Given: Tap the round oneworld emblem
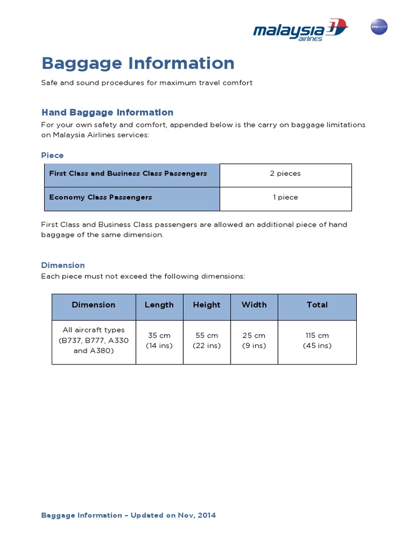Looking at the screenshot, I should (379, 28).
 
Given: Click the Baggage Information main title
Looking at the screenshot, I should (138, 63).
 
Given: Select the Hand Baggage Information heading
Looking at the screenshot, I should (107, 112).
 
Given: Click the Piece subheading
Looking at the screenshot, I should (52, 155).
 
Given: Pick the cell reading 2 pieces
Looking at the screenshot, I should (285, 174).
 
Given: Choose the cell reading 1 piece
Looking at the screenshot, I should (285, 197).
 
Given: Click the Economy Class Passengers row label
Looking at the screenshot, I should (101, 197).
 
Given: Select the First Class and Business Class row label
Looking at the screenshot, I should (128, 174).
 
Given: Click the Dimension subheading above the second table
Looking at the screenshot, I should (63, 265).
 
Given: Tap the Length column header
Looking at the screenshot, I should (159, 305).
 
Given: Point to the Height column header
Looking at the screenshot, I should (207, 305).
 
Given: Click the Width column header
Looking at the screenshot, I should (254, 305).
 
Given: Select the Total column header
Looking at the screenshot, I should (317, 305).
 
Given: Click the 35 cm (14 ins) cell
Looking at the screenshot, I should (159, 341).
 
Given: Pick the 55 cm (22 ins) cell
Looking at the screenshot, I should (207, 341).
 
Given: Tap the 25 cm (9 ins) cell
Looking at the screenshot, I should (254, 341).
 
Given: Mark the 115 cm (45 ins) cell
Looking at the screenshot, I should (317, 341).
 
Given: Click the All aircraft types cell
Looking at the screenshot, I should (94, 341).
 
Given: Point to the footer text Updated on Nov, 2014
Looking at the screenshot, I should (128, 515).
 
